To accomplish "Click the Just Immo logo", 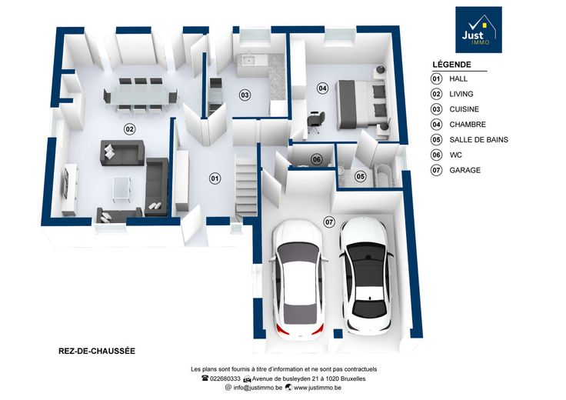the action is (x=478, y=29).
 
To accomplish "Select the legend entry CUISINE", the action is (x=464, y=109).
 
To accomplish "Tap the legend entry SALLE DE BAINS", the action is (x=478, y=140).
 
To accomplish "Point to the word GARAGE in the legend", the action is (x=465, y=170).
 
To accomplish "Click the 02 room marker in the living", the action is (x=130, y=129).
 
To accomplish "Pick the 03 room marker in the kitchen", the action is (x=245, y=95).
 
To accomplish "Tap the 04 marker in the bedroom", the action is (x=322, y=88).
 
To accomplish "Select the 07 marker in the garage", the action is (x=329, y=222).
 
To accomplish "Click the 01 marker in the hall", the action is (x=215, y=178).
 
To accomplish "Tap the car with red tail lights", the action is (x=298, y=280).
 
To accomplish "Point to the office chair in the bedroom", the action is (x=317, y=122).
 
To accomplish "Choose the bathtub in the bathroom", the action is (x=385, y=175).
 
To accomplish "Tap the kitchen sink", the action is (x=249, y=60).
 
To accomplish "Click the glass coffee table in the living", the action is (x=122, y=188).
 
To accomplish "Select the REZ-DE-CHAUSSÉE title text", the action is (x=97, y=351).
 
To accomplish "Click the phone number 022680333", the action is (x=225, y=378).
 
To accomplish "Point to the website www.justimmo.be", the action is (x=318, y=388).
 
